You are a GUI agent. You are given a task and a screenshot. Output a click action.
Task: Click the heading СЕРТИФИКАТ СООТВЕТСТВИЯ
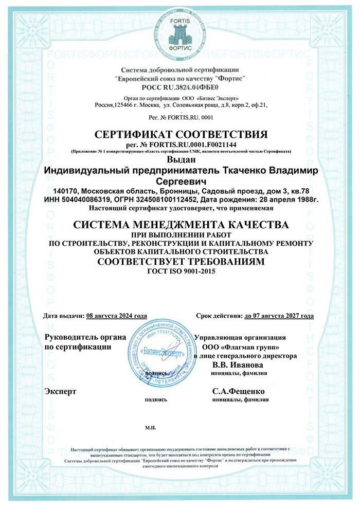(182, 135)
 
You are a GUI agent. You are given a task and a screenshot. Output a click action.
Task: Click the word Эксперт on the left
(61, 391)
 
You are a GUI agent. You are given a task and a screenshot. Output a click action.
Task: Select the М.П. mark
(151, 427)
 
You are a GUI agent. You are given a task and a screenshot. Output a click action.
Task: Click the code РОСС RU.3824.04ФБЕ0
(179, 87)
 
